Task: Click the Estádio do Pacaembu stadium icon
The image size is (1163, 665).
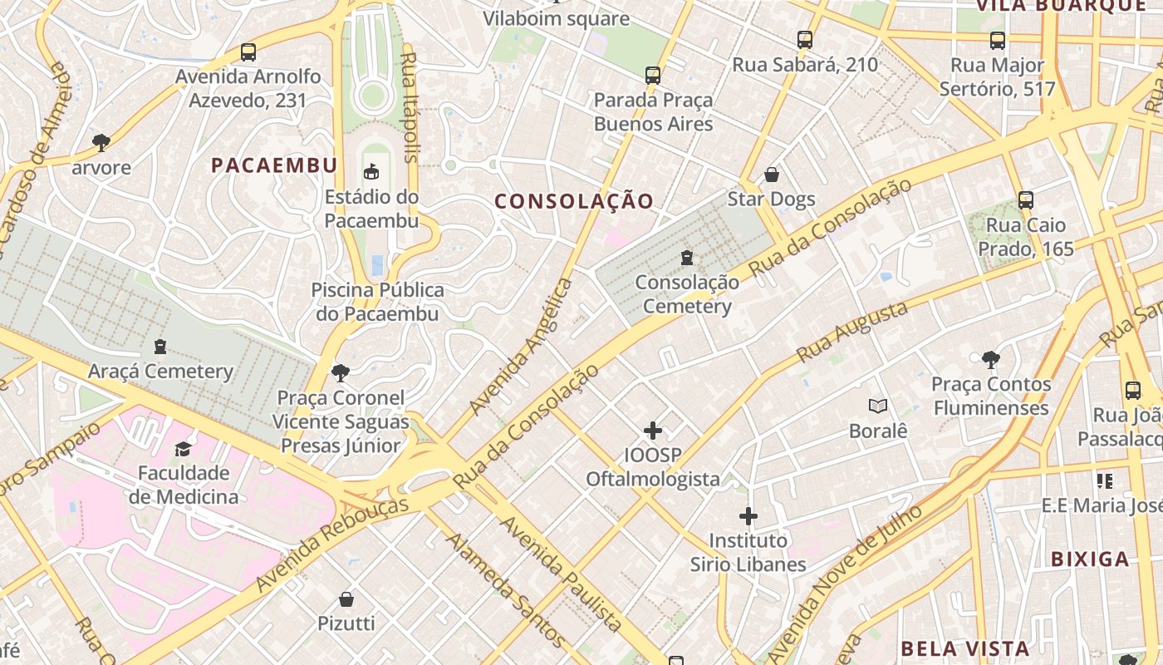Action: pyautogui.click(x=371, y=172)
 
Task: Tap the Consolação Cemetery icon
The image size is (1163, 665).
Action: pyautogui.click(x=686, y=258)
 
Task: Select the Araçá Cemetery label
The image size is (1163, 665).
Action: pyautogui.click(x=160, y=371)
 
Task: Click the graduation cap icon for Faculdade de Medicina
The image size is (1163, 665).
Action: pyautogui.click(x=182, y=449)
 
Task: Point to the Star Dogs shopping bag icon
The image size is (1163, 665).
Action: pyautogui.click(x=772, y=175)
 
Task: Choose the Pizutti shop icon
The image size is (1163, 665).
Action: pyautogui.click(x=346, y=598)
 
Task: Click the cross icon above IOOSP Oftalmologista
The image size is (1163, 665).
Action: pyautogui.click(x=653, y=431)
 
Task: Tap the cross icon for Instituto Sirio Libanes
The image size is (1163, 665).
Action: pyautogui.click(x=748, y=516)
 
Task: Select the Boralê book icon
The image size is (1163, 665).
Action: pyautogui.click(x=878, y=406)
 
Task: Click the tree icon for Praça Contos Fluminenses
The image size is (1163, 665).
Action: pyautogui.click(x=990, y=360)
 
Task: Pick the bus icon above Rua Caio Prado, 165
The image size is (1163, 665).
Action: pyautogui.click(x=1026, y=200)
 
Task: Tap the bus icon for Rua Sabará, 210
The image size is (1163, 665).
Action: pyautogui.click(x=804, y=39)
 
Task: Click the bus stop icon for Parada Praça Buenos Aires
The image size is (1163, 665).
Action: pyautogui.click(x=653, y=76)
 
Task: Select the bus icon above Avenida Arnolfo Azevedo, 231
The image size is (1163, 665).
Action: pyautogui.click(x=248, y=52)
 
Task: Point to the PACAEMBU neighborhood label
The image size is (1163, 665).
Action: pyautogui.click(x=274, y=165)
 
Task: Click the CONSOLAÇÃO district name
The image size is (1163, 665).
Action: pyautogui.click(x=575, y=201)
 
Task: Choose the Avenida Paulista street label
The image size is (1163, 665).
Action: pyautogui.click(x=561, y=573)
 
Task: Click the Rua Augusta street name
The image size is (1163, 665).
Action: pyautogui.click(x=852, y=332)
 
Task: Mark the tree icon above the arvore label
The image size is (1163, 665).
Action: pyautogui.click(x=101, y=142)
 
